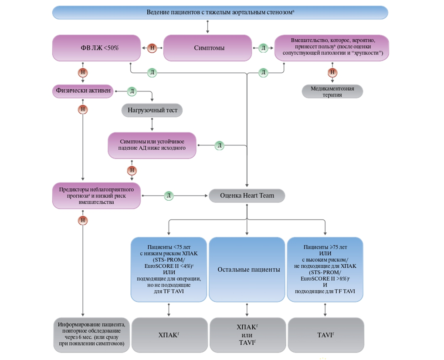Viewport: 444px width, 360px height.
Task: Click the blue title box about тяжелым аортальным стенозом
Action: (x=220, y=12)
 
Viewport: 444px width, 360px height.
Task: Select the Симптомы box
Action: (x=209, y=48)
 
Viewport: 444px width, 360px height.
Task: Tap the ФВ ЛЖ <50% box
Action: (x=96, y=48)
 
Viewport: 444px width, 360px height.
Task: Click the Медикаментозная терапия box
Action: (x=332, y=91)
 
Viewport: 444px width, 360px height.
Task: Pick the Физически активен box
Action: (x=83, y=91)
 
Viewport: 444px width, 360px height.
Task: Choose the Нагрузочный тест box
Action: (x=152, y=110)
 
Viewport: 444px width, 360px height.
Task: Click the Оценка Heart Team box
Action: (x=247, y=195)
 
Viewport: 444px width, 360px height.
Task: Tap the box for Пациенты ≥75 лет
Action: (x=325, y=269)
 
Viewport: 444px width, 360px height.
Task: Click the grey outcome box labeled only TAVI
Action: (x=325, y=335)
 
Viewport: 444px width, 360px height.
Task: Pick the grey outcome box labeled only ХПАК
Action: (x=169, y=335)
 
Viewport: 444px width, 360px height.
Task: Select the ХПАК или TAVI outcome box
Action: (x=247, y=335)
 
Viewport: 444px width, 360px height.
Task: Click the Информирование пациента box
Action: (x=92, y=335)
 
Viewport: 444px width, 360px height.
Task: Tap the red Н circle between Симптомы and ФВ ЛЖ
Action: (x=152, y=48)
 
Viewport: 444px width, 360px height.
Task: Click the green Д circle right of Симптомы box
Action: (x=263, y=48)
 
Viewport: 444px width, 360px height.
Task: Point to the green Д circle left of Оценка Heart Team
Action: (x=169, y=195)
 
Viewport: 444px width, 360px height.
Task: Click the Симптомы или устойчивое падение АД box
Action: (x=152, y=145)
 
